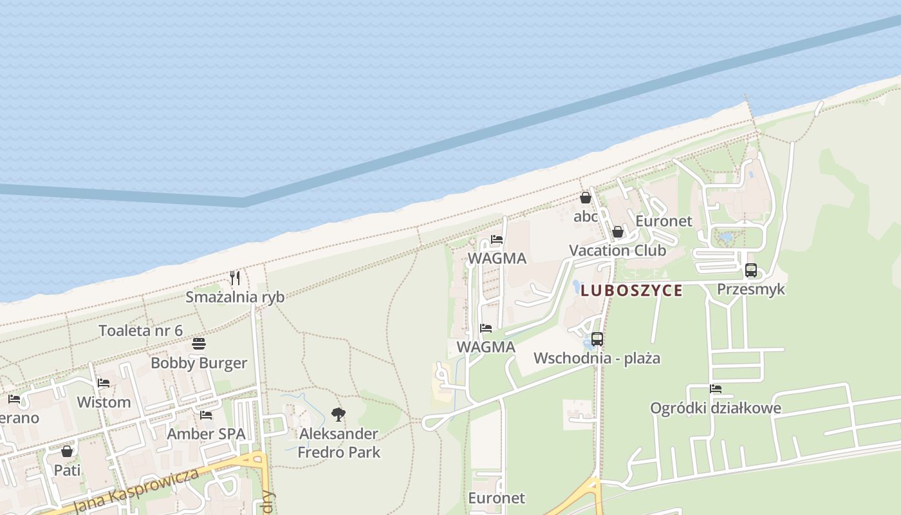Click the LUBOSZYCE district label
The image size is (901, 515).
click(631, 290)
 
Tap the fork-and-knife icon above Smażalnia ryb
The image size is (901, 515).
click(235, 278)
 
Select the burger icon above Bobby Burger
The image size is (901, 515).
click(199, 344)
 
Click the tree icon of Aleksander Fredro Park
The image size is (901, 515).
click(339, 415)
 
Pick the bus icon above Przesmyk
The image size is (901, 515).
click(751, 270)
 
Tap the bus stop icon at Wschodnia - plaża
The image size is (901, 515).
click(597, 339)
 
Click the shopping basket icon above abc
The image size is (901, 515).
click(586, 198)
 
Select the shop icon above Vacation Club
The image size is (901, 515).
click(618, 232)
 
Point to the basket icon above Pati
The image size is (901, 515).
click(67, 451)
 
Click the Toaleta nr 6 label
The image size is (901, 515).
click(140, 331)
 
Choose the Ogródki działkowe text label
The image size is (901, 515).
click(716, 408)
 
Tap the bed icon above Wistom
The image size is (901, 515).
click(103, 383)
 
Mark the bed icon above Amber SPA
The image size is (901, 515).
click(206, 415)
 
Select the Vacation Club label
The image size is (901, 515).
click(618, 250)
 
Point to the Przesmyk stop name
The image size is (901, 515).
click(751, 289)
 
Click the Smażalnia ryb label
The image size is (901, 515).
click(235, 297)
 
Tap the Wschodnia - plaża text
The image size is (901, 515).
click(597, 358)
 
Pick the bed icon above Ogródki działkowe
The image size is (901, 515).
click(716, 389)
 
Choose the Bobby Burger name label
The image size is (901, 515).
click(199, 363)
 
